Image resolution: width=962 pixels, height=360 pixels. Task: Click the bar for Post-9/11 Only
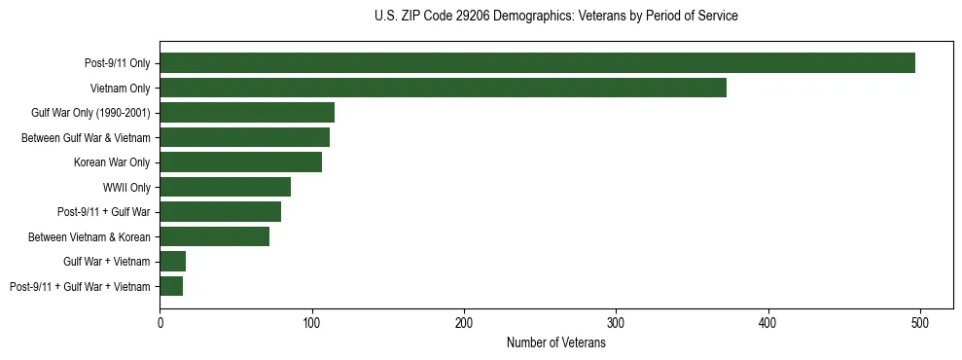[x=537, y=63]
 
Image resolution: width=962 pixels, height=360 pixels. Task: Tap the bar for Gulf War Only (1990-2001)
[x=247, y=112]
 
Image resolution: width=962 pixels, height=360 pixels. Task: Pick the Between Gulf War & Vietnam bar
[x=244, y=137]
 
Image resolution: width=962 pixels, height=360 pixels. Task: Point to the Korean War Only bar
[x=240, y=162]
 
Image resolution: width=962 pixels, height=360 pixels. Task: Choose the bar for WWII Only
[x=225, y=187]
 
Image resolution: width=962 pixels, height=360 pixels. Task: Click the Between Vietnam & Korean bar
[x=214, y=236]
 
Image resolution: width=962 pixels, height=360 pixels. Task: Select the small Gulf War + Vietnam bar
[x=172, y=261]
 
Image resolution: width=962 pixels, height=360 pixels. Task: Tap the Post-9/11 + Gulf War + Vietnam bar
[x=171, y=286]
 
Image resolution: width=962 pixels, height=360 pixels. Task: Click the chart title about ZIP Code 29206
[x=555, y=17]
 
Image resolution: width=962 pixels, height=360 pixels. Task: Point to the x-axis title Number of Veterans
[x=555, y=343]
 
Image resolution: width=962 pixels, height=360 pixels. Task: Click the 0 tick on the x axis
[x=160, y=322]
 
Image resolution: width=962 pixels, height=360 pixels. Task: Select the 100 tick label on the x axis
[x=312, y=322]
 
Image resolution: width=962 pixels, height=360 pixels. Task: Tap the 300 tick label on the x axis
[x=616, y=322]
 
